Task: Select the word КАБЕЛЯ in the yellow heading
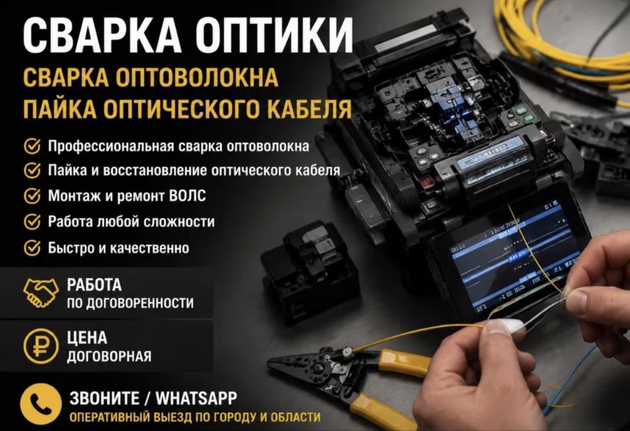click(310, 108)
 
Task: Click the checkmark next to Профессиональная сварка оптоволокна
click(32, 146)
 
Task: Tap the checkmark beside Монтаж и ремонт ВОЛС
click(32, 196)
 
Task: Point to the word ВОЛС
click(188, 196)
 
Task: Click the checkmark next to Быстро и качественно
click(32, 248)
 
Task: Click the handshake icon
click(40, 292)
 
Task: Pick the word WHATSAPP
click(197, 398)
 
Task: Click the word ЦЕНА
click(87, 337)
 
